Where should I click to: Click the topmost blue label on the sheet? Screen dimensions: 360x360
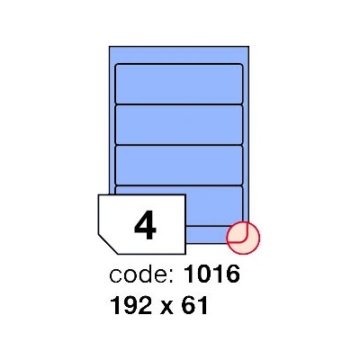(x=179, y=84)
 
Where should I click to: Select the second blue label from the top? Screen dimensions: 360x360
(x=179, y=124)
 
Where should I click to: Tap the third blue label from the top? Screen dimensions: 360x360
(x=179, y=165)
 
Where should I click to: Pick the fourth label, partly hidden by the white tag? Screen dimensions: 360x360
(x=213, y=205)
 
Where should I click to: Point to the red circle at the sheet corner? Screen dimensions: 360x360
(x=243, y=238)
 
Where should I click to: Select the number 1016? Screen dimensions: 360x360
(x=211, y=274)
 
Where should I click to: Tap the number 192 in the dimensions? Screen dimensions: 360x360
(x=130, y=305)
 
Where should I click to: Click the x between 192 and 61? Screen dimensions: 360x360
(x=166, y=307)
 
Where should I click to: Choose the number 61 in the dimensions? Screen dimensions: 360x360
(x=194, y=305)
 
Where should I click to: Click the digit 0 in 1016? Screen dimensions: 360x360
(x=204, y=274)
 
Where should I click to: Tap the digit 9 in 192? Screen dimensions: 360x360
(x=130, y=305)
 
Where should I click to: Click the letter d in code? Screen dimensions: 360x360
(x=145, y=274)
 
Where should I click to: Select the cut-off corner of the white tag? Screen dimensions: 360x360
(x=107, y=244)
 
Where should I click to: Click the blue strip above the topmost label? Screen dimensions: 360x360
(x=179, y=55)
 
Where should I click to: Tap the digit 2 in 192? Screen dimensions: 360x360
(x=146, y=305)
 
